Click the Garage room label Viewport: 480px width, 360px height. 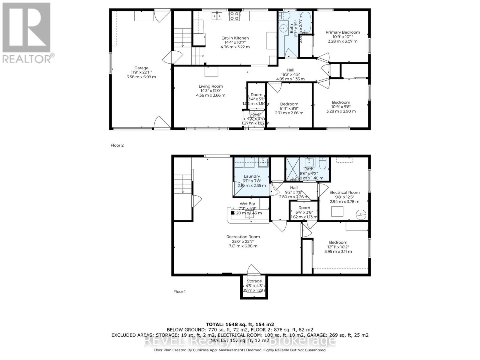tap(141, 68)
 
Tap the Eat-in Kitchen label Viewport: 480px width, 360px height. tap(235, 38)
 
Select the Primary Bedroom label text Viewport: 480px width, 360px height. tap(343, 32)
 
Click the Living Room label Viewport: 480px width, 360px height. tap(211, 86)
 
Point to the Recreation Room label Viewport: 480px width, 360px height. tap(243, 237)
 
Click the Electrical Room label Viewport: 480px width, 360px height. tap(344, 193)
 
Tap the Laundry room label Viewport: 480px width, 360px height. tap(252, 176)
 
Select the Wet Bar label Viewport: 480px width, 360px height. tap(247, 204)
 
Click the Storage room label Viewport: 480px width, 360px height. tap(254, 281)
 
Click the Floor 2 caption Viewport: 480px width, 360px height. tap(117, 145)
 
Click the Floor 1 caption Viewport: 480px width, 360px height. tap(179, 292)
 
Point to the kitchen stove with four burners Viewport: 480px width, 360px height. tap(234, 16)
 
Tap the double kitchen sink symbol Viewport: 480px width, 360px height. tap(217, 16)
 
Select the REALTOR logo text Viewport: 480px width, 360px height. tap(28, 58)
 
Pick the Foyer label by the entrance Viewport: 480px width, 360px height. tap(255, 114)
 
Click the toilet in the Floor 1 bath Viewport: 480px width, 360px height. tap(323, 163)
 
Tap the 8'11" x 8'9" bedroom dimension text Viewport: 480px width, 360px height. tap(289, 109)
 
